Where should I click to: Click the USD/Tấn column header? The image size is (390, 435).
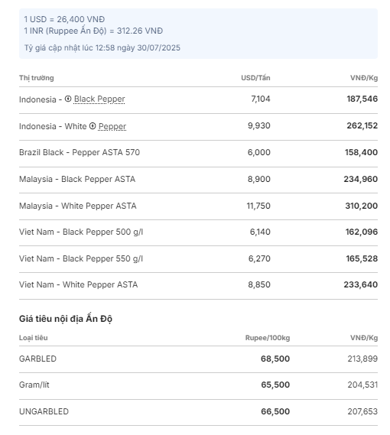point(255,78)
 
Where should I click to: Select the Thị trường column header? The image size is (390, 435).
point(37,78)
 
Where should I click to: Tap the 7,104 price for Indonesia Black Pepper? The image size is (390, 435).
point(260,99)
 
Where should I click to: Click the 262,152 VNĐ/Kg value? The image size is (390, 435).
point(362,125)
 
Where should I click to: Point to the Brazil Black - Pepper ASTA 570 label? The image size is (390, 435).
point(80,152)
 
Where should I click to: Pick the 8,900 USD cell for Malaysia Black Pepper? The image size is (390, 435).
point(258,179)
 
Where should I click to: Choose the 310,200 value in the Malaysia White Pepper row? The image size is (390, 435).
point(362,206)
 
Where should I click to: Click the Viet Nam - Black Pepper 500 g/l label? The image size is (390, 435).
point(81,232)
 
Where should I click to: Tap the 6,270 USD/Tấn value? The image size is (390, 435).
point(259,258)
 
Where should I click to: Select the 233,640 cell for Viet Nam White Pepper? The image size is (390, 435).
point(361,284)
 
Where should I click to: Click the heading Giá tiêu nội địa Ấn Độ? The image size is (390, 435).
point(66,319)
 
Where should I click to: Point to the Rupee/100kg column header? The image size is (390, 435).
point(268,338)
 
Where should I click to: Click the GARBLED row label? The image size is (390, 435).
point(37,359)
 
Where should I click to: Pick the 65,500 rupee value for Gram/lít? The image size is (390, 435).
point(275,385)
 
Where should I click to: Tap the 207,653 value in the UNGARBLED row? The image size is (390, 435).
point(362,411)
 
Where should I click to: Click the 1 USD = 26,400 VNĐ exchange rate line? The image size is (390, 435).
point(64,19)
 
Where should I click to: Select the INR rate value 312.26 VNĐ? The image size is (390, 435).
point(140,31)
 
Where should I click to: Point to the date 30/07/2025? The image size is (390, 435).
point(158,47)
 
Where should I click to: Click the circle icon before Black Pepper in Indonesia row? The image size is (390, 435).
point(68,99)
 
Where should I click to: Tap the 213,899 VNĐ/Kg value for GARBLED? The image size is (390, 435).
point(362,359)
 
